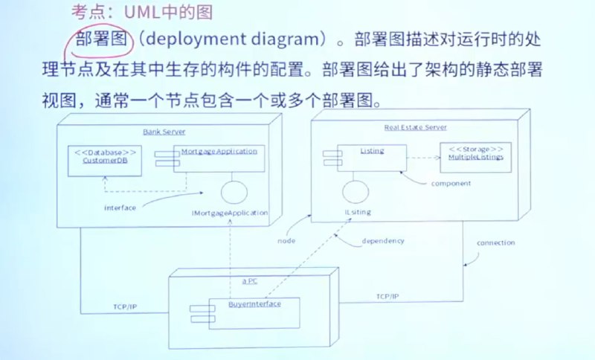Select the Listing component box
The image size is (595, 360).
click(x=372, y=156)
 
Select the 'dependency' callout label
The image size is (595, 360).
click(x=383, y=242)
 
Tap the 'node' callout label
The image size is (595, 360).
click(x=286, y=242)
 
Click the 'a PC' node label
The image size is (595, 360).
click(x=250, y=281)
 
